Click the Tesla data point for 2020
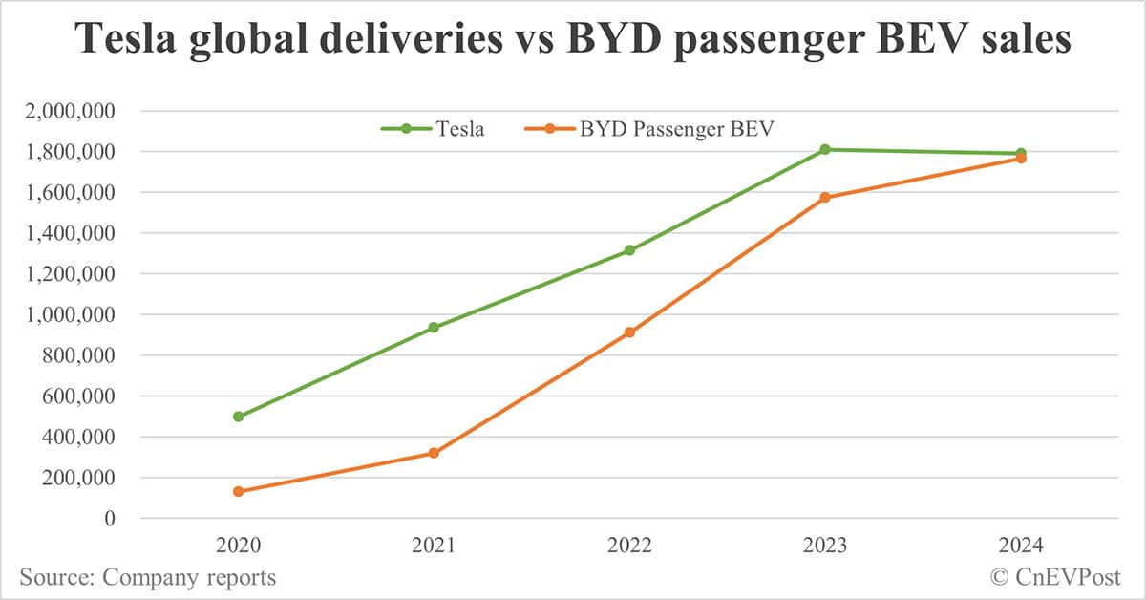tap(239, 417)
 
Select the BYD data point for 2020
tap(239, 491)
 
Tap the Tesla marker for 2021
tap(434, 327)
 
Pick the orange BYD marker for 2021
tap(434, 453)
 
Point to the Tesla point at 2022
tap(629, 250)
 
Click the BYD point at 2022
tap(629, 332)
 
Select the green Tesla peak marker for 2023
tap(825, 149)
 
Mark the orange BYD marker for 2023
tap(825, 197)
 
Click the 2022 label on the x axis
tap(629, 546)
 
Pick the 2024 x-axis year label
tap(1020, 546)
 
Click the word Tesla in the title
tap(127, 40)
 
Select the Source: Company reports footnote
tap(147, 577)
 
